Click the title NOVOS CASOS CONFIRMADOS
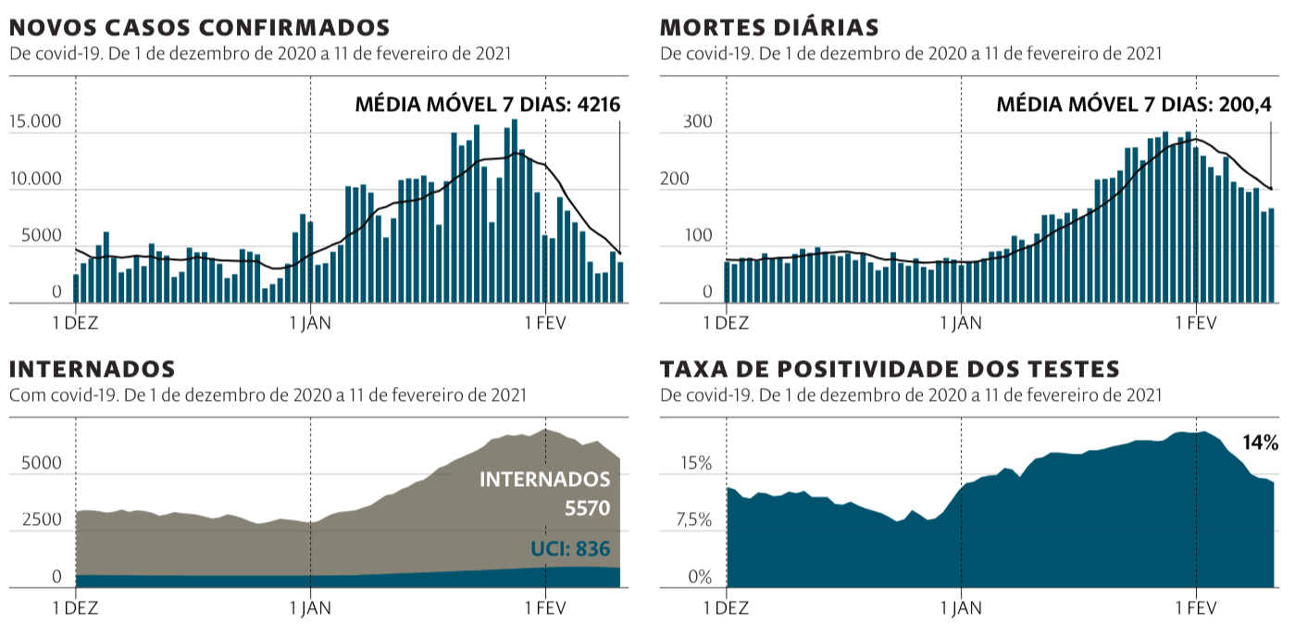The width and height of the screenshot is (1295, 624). point(199,28)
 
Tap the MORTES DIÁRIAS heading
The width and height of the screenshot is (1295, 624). point(769,28)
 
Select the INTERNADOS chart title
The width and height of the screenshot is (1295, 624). point(92,369)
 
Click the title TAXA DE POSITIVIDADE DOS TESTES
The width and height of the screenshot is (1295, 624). point(890,369)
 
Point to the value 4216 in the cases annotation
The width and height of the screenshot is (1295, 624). point(598,105)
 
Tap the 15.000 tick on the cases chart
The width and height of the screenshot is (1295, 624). point(35,122)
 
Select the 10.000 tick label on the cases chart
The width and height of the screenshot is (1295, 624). point(35,179)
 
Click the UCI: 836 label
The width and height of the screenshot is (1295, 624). point(570,549)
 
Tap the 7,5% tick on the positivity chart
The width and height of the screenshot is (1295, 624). point(694,520)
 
